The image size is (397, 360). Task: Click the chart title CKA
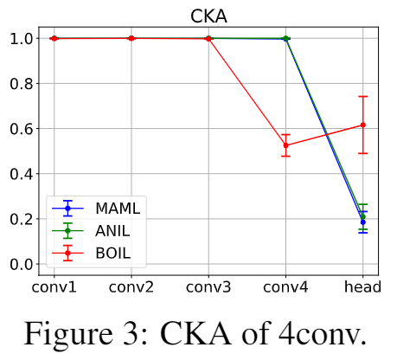[x=208, y=16]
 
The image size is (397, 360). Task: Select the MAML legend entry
[x=96, y=208]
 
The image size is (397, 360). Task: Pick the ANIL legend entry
[x=91, y=230]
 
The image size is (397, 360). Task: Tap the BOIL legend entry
[x=92, y=253]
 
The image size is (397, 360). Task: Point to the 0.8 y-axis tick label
[x=21, y=84]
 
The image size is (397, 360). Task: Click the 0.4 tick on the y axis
[x=21, y=174]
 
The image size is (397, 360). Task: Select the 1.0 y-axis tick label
[x=21, y=39]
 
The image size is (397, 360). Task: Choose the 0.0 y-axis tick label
[x=21, y=264]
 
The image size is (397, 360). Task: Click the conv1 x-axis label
[x=54, y=287]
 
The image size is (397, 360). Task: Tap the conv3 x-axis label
[x=208, y=287]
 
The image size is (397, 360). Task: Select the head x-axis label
[x=362, y=287]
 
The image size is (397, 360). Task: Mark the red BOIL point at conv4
[x=285, y=145]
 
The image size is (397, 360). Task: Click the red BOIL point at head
[x=363, y=125]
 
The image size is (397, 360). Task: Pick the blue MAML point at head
[x=363, y=222]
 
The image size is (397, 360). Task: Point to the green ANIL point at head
[x=363, y=216]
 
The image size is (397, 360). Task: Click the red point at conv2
[x=131, y=38]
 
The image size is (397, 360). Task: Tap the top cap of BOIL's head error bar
[x=363, y=96]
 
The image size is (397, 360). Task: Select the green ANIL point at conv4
[x=285, y=38]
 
